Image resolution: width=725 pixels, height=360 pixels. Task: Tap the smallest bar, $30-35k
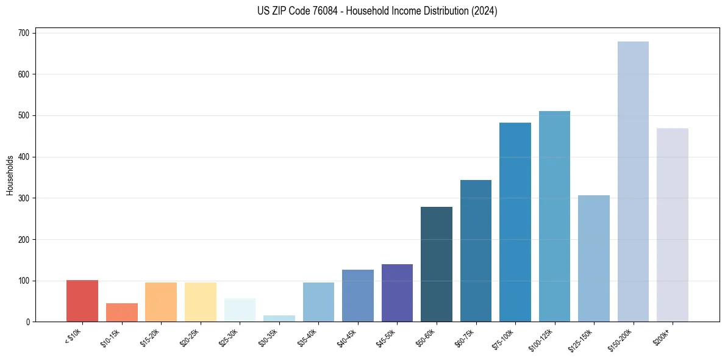(x=279, y=319)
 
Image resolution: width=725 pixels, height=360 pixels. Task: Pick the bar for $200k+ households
(x=672, y=225)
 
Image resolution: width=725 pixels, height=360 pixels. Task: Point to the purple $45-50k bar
(x=397, y=293)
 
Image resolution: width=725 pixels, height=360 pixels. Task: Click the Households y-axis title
(x=10, y=175)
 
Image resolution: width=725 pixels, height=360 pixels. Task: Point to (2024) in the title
(x=485, y=11)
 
